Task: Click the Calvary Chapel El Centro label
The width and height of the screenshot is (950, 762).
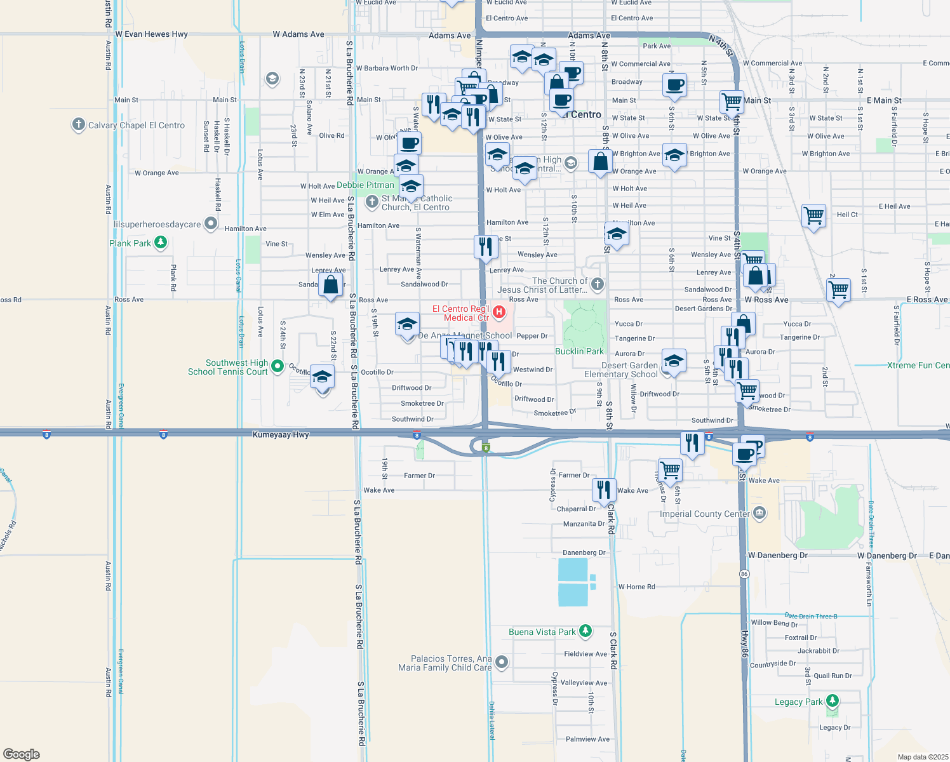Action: tap(137, 125)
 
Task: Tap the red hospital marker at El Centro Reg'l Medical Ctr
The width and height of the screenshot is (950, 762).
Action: tap(500, 311)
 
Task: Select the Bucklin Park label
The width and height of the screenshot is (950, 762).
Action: tap(579, 351)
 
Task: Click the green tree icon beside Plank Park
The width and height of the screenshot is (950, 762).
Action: tap(161, 243)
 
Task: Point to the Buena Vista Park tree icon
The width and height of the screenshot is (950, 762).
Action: tap(585, 631)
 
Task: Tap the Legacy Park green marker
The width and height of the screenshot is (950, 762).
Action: tap(833, 701)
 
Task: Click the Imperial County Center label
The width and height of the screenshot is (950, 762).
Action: tap(704, 514)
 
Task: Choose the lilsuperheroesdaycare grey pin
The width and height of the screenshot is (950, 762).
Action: tap(211, 224)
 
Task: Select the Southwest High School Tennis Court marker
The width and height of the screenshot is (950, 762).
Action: tap(278, 366)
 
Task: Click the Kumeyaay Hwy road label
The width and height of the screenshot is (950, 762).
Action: tap(281, 435)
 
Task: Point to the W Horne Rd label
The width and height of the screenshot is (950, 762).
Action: tap(636, 587)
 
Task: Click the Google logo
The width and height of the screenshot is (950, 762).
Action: tap(22, 754)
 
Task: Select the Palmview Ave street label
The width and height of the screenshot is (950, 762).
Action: tap(587, 739)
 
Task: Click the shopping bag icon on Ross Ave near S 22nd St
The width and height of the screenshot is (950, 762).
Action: tap(331, 285)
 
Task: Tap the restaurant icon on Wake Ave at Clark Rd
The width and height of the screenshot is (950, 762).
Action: tap(603, 489)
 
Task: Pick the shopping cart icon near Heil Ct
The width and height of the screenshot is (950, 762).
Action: tap(813, 215)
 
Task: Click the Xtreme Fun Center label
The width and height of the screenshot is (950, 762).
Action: tap(918, 365)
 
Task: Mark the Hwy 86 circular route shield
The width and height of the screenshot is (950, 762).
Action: tap(744, 574)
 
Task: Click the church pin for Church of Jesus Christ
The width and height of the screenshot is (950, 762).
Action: tap(597, 284)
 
